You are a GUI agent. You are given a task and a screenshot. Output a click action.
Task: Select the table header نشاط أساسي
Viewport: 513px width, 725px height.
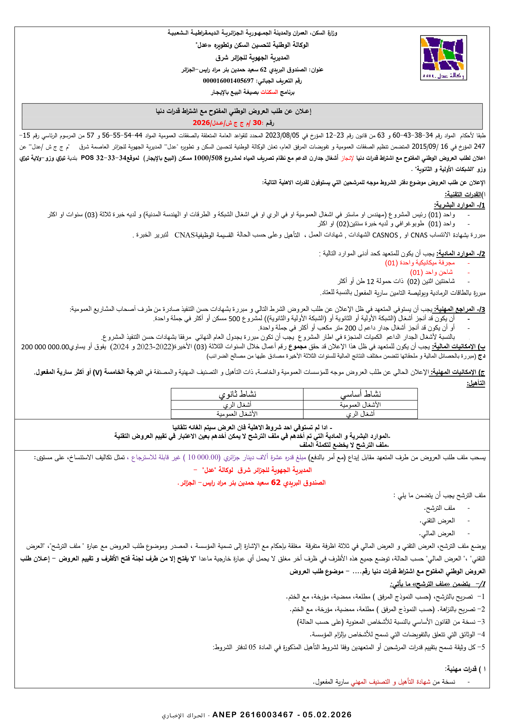[360, 394]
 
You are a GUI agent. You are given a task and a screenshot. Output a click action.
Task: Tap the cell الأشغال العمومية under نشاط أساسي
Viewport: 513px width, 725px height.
[360, 405]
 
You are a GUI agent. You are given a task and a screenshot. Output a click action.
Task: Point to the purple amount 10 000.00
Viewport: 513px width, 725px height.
[203, 457]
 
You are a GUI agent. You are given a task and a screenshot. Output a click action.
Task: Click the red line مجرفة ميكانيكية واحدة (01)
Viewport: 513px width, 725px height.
[420, 263]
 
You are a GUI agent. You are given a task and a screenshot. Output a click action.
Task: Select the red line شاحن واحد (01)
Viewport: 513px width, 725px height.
[431, 272]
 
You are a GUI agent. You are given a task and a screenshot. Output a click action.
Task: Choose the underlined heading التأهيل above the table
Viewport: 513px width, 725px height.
[476, 383]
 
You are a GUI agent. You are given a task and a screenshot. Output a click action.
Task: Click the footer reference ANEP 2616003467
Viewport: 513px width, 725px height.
[253, 715]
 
